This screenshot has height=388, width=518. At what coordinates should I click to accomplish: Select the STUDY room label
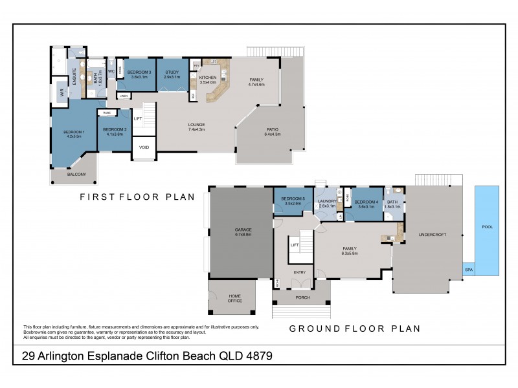pyautogui.click(x=172, y=73)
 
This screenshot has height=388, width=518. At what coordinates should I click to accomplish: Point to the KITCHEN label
pyautogui.click(x=207, y=79)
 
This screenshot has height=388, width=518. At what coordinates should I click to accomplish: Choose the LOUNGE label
pyautogui.click(x=196, y=126)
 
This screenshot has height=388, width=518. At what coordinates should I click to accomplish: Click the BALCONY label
pyautogui.click(x=76, y=174)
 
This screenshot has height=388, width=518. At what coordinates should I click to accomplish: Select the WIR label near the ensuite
pyautogui.click(x=62, y=92)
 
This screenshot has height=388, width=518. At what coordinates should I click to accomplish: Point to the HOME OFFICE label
pyautogui.click(x=234, y=297)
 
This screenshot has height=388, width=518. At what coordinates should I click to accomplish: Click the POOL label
pyautogui.click(x=487, y=228)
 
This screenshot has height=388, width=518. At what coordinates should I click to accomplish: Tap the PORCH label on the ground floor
pyautogui.click(x=302, y=297)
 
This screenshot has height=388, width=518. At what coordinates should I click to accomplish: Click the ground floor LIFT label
pyautogui.click(x=294, y=245)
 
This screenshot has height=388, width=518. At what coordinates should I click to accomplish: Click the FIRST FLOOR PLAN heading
pyautogui.click(x=136, y=197)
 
